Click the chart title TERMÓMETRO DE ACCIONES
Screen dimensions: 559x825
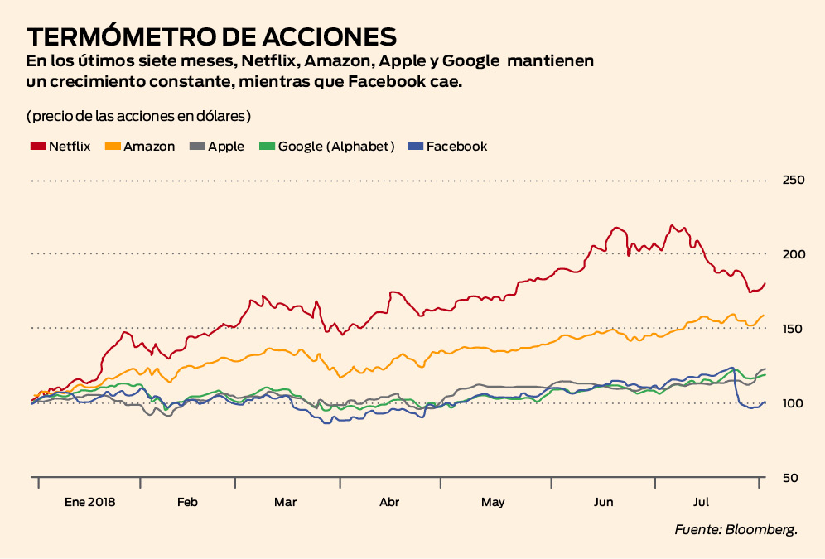coord(211,36)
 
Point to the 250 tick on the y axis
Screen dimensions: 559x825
coord(794,180)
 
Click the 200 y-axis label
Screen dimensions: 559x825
coord(794,253)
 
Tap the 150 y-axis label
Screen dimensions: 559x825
coord(794,329)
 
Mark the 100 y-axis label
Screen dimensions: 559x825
coord(794,403)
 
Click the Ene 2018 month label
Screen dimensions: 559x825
coord(90,502)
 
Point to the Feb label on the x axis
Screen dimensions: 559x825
coord(187,502)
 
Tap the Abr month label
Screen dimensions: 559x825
coord(389,502)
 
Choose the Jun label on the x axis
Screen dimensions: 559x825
coord(604,502)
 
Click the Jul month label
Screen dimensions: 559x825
coord(702,502)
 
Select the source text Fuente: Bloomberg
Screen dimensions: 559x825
coord(736,529)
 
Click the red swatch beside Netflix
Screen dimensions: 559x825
coord(37,147)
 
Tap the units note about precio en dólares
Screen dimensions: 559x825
coord(138,114)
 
